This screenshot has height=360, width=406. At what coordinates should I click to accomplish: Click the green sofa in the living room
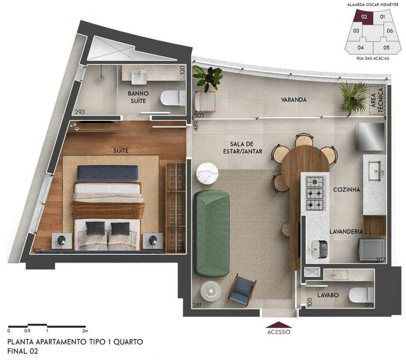(x=212, y=233)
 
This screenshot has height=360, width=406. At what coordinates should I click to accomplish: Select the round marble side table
(x=207, y=173)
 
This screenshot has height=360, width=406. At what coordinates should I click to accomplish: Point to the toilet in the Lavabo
(x=362, y=295)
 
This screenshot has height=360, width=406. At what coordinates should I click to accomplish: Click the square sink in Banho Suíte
(x=139, y=77)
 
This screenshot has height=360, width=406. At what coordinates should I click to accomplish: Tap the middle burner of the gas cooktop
(x=315, y=193)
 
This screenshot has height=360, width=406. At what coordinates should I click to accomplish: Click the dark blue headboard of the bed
(x=108, y=172)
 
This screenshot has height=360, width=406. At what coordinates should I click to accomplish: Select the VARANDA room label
(x=294, y=100)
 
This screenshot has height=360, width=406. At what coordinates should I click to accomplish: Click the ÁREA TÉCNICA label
(x=377, y=100)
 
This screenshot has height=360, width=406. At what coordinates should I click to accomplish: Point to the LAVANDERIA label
(x=346, y=231)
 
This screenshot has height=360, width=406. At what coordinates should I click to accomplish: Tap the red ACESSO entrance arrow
(x=279, y=325)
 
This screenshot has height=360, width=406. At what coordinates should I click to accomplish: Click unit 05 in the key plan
(x=386, y=47)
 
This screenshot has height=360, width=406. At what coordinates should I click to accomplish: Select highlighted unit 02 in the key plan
(x=364, y=17)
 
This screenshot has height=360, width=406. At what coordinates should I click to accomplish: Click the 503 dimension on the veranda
(x=198, y=115)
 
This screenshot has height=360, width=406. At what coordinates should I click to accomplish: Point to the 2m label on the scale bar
(x=85, y=331)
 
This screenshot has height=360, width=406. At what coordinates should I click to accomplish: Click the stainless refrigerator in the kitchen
(x=371, y=136)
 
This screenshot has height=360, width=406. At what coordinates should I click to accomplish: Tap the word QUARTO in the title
(x=128, y=342)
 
